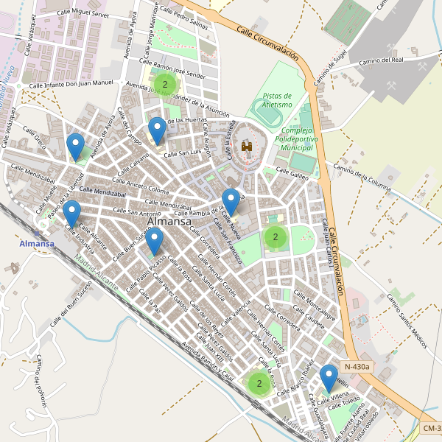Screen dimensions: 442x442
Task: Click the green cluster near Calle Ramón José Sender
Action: coord(164,85)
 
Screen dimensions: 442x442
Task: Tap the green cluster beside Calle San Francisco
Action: coord(275,236)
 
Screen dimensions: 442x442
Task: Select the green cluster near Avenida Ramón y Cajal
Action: coord(259,383)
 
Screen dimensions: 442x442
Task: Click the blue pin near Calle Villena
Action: coord(329,379)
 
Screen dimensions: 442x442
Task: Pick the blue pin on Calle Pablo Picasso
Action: coord(154,241)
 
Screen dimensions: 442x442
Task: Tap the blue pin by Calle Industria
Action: coord(71,214)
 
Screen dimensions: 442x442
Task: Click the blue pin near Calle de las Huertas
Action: coord(157,131)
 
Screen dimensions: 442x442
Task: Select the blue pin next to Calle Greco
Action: coord(74,147)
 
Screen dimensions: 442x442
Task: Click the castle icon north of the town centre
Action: coord(247,147)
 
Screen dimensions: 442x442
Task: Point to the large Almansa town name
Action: coord(169,221)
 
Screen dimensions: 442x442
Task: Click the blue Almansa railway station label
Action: coord(37,244)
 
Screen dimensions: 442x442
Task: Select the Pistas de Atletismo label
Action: coord(278,100)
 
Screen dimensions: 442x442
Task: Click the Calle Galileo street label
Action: coord(292,169)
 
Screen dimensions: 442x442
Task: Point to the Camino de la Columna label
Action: coord(360,178)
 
